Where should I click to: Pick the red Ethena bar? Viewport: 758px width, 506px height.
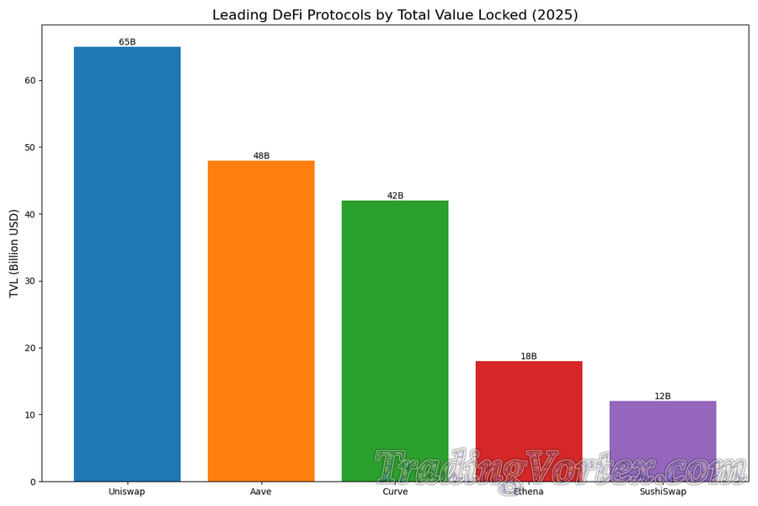(529, 405)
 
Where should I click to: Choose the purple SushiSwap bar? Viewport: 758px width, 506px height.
(663, 430)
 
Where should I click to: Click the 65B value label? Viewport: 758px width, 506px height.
(127, 41)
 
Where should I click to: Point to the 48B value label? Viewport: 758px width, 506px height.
(261, 155)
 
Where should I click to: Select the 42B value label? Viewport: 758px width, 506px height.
(395, 196)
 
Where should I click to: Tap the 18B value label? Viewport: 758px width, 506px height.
(529, 356)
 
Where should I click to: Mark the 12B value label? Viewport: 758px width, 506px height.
(663, 396)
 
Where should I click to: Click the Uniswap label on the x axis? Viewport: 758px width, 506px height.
(127, 492)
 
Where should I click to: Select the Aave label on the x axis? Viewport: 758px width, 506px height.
(261, 492)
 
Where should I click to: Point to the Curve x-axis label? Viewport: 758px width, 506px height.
(395, 492)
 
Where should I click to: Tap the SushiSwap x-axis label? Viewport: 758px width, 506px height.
(663, 492)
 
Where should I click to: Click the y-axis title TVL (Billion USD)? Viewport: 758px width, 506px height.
(14, 253)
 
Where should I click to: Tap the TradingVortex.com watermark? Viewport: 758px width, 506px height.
(560, 468)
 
